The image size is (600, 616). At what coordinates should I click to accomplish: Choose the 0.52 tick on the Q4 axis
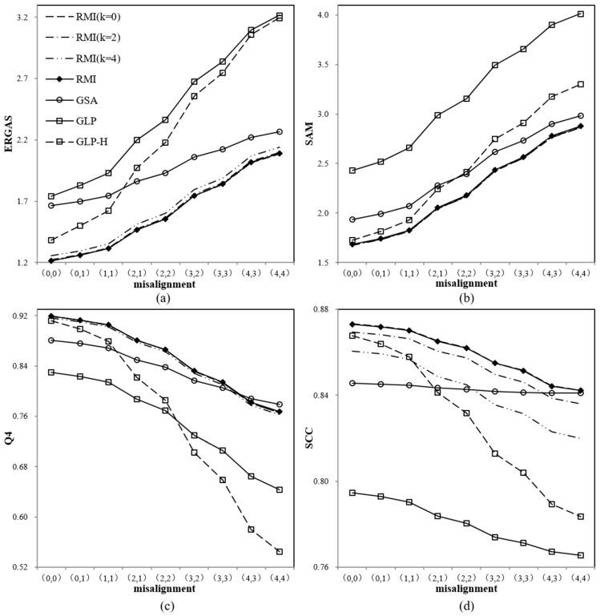(x=22, y=567)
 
